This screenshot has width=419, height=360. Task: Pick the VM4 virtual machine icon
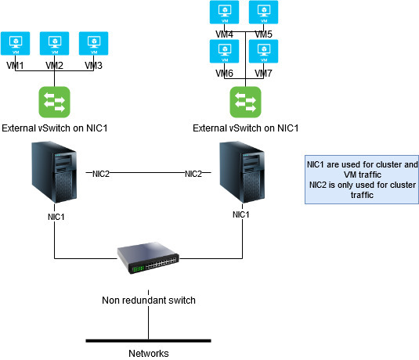tap(225, 13)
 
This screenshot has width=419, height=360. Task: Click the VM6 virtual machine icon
tap(225, 52)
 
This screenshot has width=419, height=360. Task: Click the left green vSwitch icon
tap(55, 103)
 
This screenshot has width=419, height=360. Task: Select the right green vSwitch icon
tap(245, 103)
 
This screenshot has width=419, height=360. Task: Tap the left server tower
tap(55, 173)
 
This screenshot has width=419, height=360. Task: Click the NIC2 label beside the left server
tap(100, 174)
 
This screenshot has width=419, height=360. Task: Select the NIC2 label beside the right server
tap(193, 174)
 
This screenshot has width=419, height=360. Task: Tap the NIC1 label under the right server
tap(241, 214)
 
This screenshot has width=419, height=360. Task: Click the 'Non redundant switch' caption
tap(147, 301)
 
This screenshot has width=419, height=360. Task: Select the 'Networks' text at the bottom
tap(148, 353)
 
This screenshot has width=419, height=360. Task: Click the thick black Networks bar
tap(148, 340)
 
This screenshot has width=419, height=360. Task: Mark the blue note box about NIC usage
tap(361, 179)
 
